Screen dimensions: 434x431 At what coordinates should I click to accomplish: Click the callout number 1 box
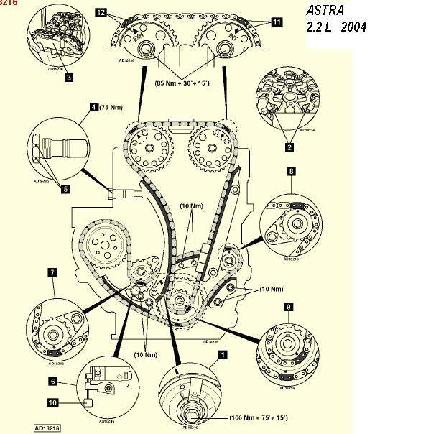point(223,354)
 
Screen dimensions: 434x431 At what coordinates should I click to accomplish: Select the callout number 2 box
point(289,147)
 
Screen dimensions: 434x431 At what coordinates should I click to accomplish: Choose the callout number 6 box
point(53,381)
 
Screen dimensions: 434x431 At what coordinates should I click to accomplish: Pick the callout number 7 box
point(52,273)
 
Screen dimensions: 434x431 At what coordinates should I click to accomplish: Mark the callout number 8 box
point(291,171)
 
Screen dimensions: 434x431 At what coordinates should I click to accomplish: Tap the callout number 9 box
point(288,307)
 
